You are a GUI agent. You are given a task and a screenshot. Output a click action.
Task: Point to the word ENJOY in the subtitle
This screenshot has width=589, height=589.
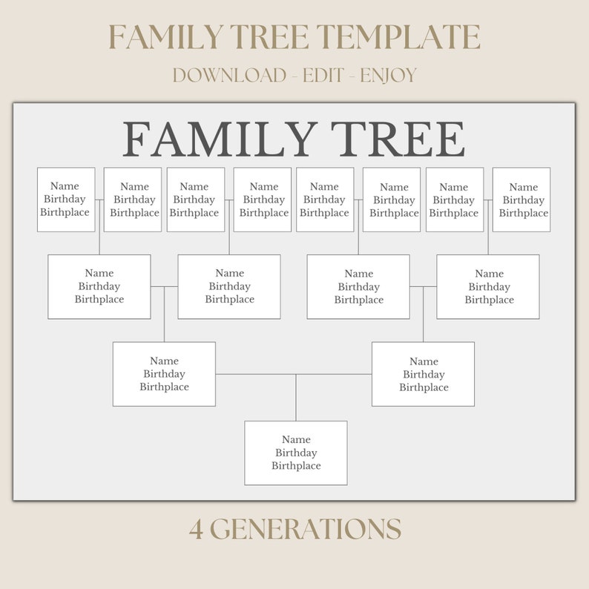[x=389, y=75]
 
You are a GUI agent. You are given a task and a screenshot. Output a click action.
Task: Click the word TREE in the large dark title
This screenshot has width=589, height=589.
[x=398, y=139]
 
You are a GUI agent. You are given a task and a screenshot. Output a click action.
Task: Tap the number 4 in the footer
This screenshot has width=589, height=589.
[x=196, y=530]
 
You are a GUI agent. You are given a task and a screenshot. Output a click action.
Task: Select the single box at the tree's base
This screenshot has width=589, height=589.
[x=296, y=453]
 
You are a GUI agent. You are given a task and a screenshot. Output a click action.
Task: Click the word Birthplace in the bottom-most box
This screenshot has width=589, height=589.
[x=296, y=466]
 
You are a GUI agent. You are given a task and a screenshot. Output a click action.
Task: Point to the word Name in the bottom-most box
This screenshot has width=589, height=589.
[x=296, y=440]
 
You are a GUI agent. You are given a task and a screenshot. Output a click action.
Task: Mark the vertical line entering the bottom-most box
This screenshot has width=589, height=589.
[x=296, y=398]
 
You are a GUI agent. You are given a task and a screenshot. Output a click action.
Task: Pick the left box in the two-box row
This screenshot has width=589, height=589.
[x=164, y=374]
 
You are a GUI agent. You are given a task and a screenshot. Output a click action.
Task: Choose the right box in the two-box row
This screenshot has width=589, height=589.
[x=423, y=374]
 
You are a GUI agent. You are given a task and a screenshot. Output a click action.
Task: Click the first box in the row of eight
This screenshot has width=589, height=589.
[x=66, y=200]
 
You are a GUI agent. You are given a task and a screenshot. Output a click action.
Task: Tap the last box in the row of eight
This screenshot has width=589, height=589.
[x=521, y=200]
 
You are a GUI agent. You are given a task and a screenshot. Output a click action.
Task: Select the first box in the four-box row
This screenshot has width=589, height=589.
[x=99, y=286]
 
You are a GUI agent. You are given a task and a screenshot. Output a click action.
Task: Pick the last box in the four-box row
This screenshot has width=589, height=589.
[x=488, y=286]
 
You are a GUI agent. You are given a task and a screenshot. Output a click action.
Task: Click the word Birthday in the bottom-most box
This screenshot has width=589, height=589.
[x=296, y=453]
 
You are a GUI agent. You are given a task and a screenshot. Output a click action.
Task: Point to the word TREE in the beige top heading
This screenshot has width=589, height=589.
[x=270, y=36]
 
